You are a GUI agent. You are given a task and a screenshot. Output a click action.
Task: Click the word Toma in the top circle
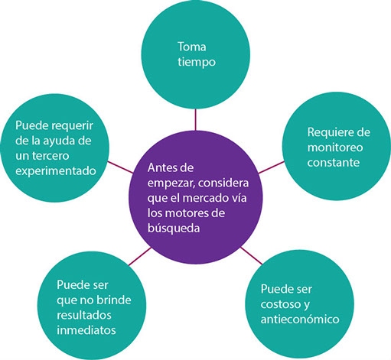192,47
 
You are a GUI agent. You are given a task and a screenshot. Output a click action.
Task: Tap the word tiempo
197,62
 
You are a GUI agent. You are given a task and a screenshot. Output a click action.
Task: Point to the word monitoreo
335,148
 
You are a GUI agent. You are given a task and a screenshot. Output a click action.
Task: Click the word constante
334,162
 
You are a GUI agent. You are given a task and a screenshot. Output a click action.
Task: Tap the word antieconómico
300,319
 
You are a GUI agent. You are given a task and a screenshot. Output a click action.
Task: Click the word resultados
84,315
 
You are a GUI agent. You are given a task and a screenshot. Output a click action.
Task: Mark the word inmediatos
86,330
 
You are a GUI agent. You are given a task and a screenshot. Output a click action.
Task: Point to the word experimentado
56,171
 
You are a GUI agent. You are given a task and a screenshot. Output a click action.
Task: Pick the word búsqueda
174,228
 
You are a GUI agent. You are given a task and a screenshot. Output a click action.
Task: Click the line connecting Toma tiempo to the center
196,120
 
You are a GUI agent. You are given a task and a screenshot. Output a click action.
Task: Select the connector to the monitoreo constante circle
271,167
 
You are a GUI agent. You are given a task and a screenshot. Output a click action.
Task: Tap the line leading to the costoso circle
252,255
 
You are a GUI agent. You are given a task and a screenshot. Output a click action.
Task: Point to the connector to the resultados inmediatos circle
140,256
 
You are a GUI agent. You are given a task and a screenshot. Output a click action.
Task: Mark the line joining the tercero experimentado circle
120,167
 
